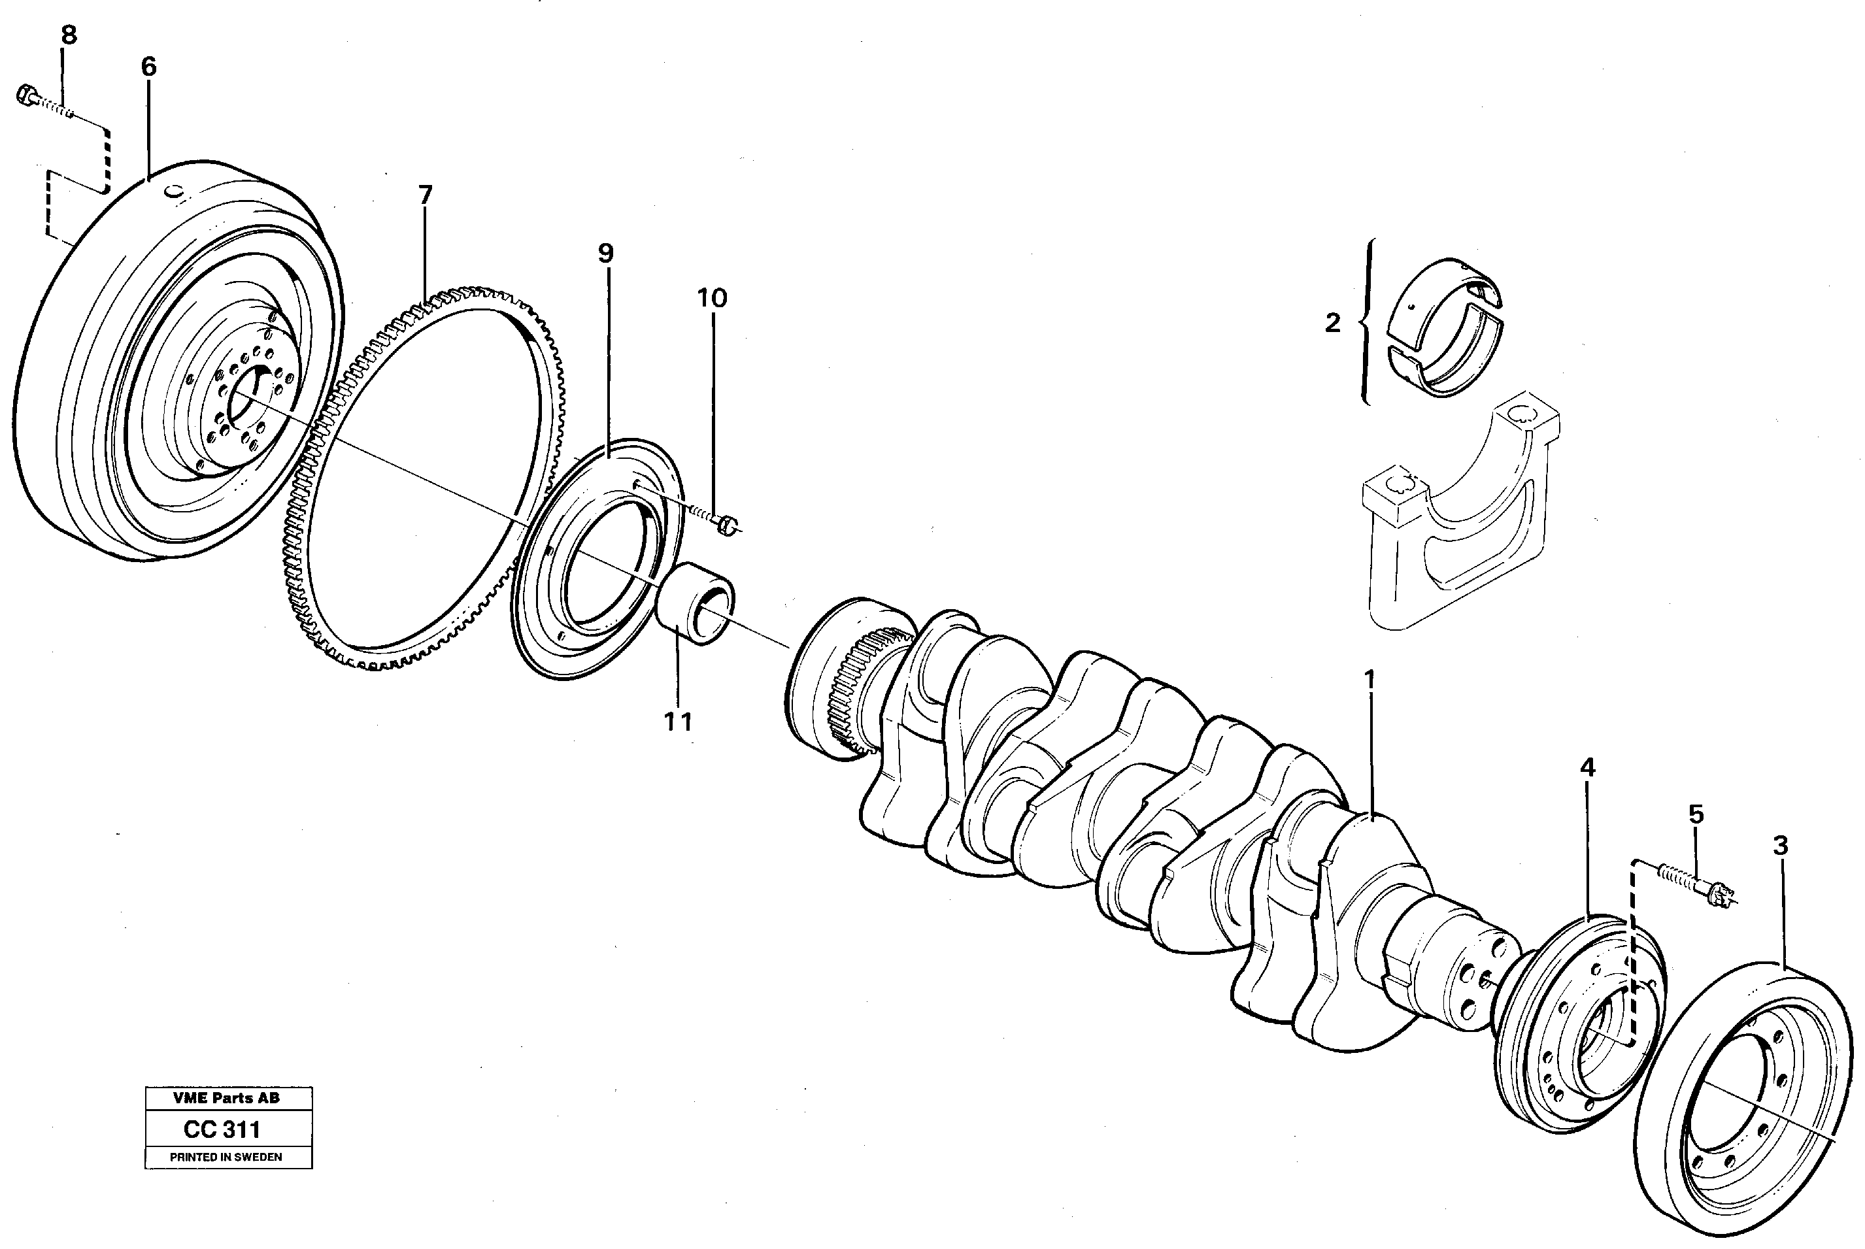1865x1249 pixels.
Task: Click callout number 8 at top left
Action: [x=69, y=35]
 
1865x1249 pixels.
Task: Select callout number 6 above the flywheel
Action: [x=149, y=67]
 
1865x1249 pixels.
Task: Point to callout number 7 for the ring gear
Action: [x=426, y=195]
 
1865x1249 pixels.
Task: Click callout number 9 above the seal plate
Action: [x=605, y=254]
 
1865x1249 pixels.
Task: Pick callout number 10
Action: [x=713, y=299]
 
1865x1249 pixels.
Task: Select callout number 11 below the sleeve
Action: [x=678, y=722]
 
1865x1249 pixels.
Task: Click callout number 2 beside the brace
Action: [x=1333, y=323]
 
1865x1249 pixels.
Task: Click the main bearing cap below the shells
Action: [x=1458, y=518]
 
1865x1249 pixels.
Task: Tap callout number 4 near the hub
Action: [x=1588, y=768]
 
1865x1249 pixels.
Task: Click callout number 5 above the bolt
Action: [x=1696, y=814]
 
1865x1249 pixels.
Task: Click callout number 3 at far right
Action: [x=1781, y=845]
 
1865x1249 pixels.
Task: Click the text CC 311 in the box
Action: [x=222, y=1129]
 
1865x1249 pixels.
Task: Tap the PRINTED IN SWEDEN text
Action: [x=226, y=1157]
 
